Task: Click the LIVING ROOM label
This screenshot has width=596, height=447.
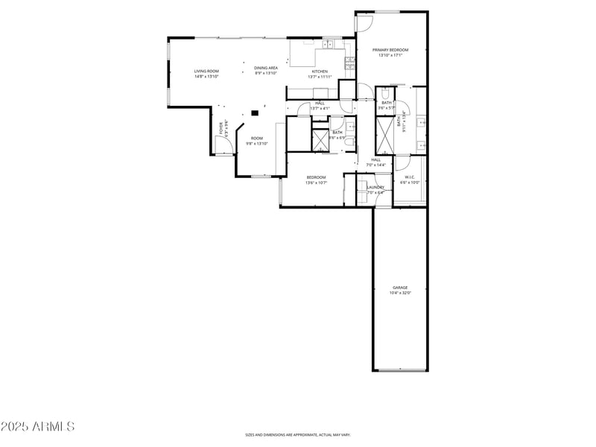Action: (x=206, y=71)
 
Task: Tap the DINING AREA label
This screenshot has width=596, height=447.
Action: (x=266, y=68)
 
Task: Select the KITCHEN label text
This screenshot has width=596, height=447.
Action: (x=319, y=72)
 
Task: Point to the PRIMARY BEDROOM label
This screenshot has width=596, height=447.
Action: (x=390, y=50)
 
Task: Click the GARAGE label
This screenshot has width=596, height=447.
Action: (x=400, y=288)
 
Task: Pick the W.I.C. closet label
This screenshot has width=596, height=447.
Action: (x=410, y=177)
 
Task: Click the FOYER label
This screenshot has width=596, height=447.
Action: (x=221, y=128)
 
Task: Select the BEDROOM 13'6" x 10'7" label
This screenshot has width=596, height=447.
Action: (x=316, y=177)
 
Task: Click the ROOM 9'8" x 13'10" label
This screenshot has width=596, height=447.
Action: (x=256, y=138)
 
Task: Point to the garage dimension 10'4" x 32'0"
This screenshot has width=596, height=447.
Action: (x=400, y=293)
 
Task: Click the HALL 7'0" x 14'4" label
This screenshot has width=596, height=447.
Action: (x=375, y=159)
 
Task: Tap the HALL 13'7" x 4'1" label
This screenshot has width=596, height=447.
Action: (x=320, y=103)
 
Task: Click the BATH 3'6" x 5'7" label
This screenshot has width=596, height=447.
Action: (x=386, y=103)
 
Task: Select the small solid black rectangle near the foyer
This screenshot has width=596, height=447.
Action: (x=255, y=113)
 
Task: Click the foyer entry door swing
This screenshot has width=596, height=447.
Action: (x=221, y=147)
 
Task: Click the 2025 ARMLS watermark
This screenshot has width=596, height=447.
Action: (x=37, y=427)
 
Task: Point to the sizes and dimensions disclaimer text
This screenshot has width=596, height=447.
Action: (x=298, y=434)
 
